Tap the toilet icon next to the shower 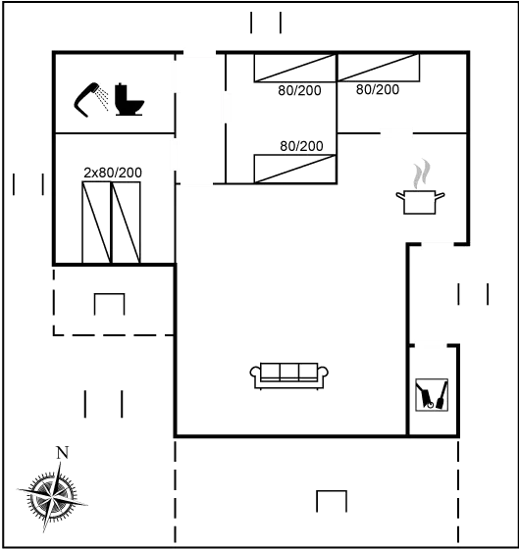[129, 101]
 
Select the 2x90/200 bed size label [113, 173]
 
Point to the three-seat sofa [290, 374]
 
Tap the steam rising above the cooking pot [421, 175]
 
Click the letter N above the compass [62, 452]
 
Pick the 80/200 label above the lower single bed [301, 145]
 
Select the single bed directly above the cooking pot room [379, 69]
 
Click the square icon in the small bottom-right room [431, 395]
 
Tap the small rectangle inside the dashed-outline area [109, 305]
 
